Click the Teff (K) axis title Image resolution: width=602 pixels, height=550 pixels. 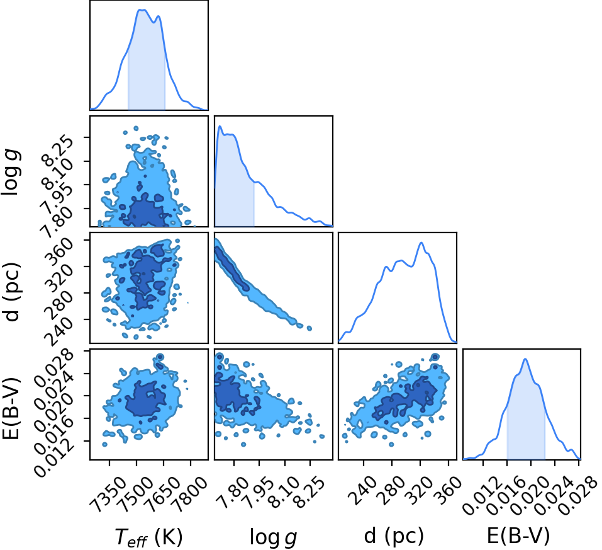pos(148,537)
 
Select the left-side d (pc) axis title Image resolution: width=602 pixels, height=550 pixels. pos(13,291)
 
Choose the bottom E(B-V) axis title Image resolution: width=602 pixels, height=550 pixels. pos(518,536)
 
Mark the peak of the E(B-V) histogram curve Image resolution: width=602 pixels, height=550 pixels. pos(525,359)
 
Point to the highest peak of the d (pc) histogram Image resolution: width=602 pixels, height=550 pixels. pos(421,243)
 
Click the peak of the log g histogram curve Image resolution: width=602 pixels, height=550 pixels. pos(220,126)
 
